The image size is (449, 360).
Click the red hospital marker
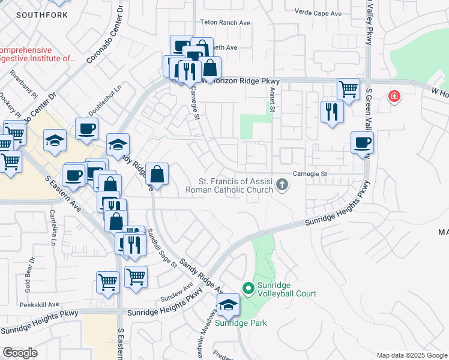(394, 96)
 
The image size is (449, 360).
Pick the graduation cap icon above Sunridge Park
(228, 305)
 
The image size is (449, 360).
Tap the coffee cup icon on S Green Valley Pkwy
(362, 143)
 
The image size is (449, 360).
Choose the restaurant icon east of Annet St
(331, 111)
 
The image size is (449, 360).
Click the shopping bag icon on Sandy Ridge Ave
(156, 175)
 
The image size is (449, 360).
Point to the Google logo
(20, 353)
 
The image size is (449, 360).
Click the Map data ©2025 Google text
(412, 355)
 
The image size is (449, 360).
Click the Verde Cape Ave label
(319, 13)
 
